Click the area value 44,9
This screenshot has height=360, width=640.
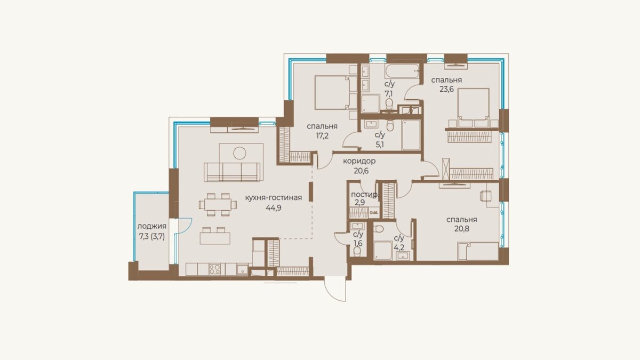(274, 207)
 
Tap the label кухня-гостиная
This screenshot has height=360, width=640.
(274, 198)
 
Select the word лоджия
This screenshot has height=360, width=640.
(151, 226)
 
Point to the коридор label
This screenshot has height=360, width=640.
(359, 161)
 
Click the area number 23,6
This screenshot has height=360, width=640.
(446, 89)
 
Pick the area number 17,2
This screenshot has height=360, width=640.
(322, 135)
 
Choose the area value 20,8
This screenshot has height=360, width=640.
(462, 229)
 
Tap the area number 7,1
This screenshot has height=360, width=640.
(389, 93)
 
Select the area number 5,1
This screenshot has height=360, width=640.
(380, 145)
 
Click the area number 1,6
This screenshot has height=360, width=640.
(358, 243)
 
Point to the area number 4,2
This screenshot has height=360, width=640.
(399, 247)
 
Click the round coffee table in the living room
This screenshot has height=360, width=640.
(239, 153)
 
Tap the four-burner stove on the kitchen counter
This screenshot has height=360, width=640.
(214, 269)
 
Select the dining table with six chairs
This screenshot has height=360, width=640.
(218, 205)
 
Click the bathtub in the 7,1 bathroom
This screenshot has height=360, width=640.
(402, 70)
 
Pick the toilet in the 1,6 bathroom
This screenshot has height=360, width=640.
(357, 251)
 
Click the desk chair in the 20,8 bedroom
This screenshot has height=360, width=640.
(486, 196)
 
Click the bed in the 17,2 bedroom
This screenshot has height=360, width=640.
(332, 92)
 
